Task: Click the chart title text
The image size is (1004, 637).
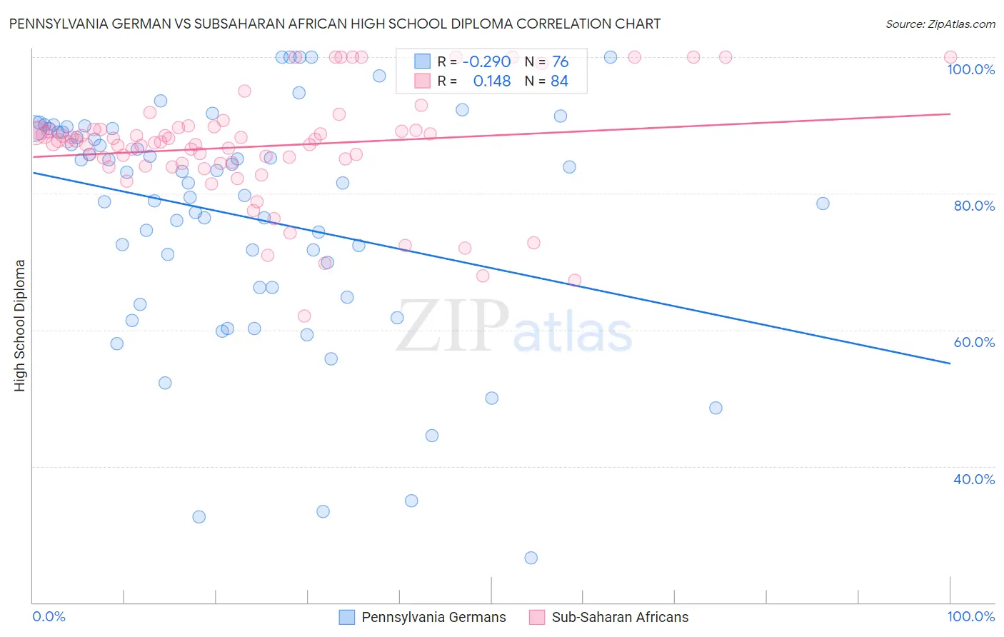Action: tap(335, 24)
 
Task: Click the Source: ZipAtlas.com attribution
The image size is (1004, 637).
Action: tap(940, 24)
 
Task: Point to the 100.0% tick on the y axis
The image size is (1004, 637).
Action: tap(970, 69)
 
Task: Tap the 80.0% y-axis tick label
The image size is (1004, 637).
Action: tap(974, 206)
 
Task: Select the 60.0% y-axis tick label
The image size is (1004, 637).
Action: tap(974, 342)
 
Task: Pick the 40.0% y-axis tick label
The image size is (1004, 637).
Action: tap(974, 479)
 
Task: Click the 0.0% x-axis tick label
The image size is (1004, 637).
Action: tap(49, 616)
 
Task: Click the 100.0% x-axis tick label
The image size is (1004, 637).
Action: tap(970, 616)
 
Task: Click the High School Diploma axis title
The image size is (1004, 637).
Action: tap(20, 325)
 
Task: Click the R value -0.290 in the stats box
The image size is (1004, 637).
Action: tap(486, 61)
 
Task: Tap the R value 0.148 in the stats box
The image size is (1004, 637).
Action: tap(492, 81)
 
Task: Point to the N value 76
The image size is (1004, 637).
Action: tap(560, 61)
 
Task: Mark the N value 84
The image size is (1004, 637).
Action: tap(559, 81)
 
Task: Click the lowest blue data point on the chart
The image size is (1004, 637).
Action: tap(531, 558)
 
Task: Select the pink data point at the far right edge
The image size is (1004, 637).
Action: tap(950, 57)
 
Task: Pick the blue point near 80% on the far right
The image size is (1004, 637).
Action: tap(823, 204)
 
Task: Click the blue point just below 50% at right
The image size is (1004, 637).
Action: tap(716, 408)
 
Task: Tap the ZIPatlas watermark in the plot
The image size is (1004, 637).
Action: tap(514, 326)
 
